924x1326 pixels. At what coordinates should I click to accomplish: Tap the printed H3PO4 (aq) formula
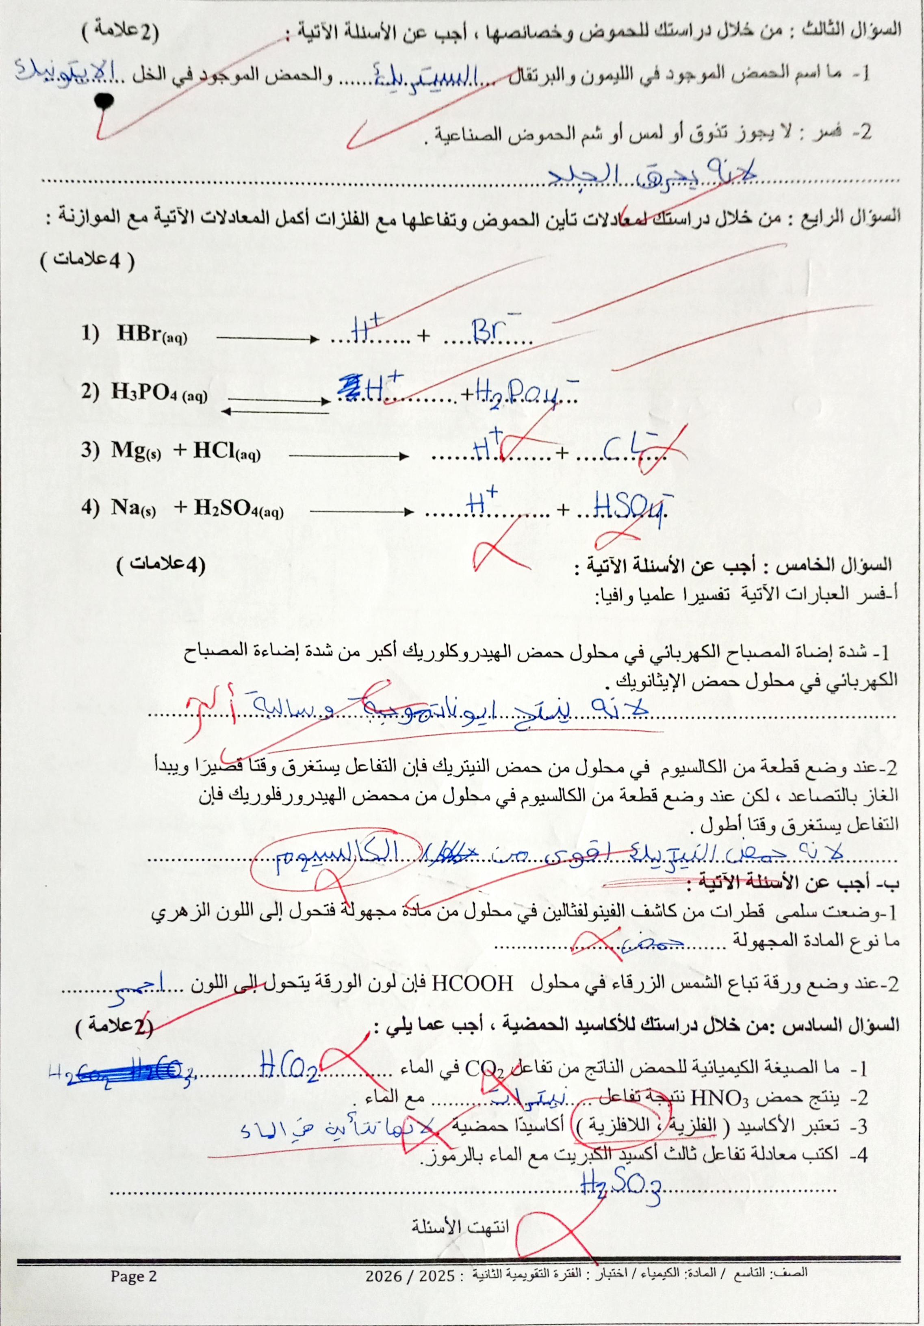click(x=159, y=393)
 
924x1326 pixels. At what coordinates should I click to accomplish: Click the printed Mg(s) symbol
click(x=136, y=451)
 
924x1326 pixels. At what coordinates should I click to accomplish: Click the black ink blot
click(x=104, y=102)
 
